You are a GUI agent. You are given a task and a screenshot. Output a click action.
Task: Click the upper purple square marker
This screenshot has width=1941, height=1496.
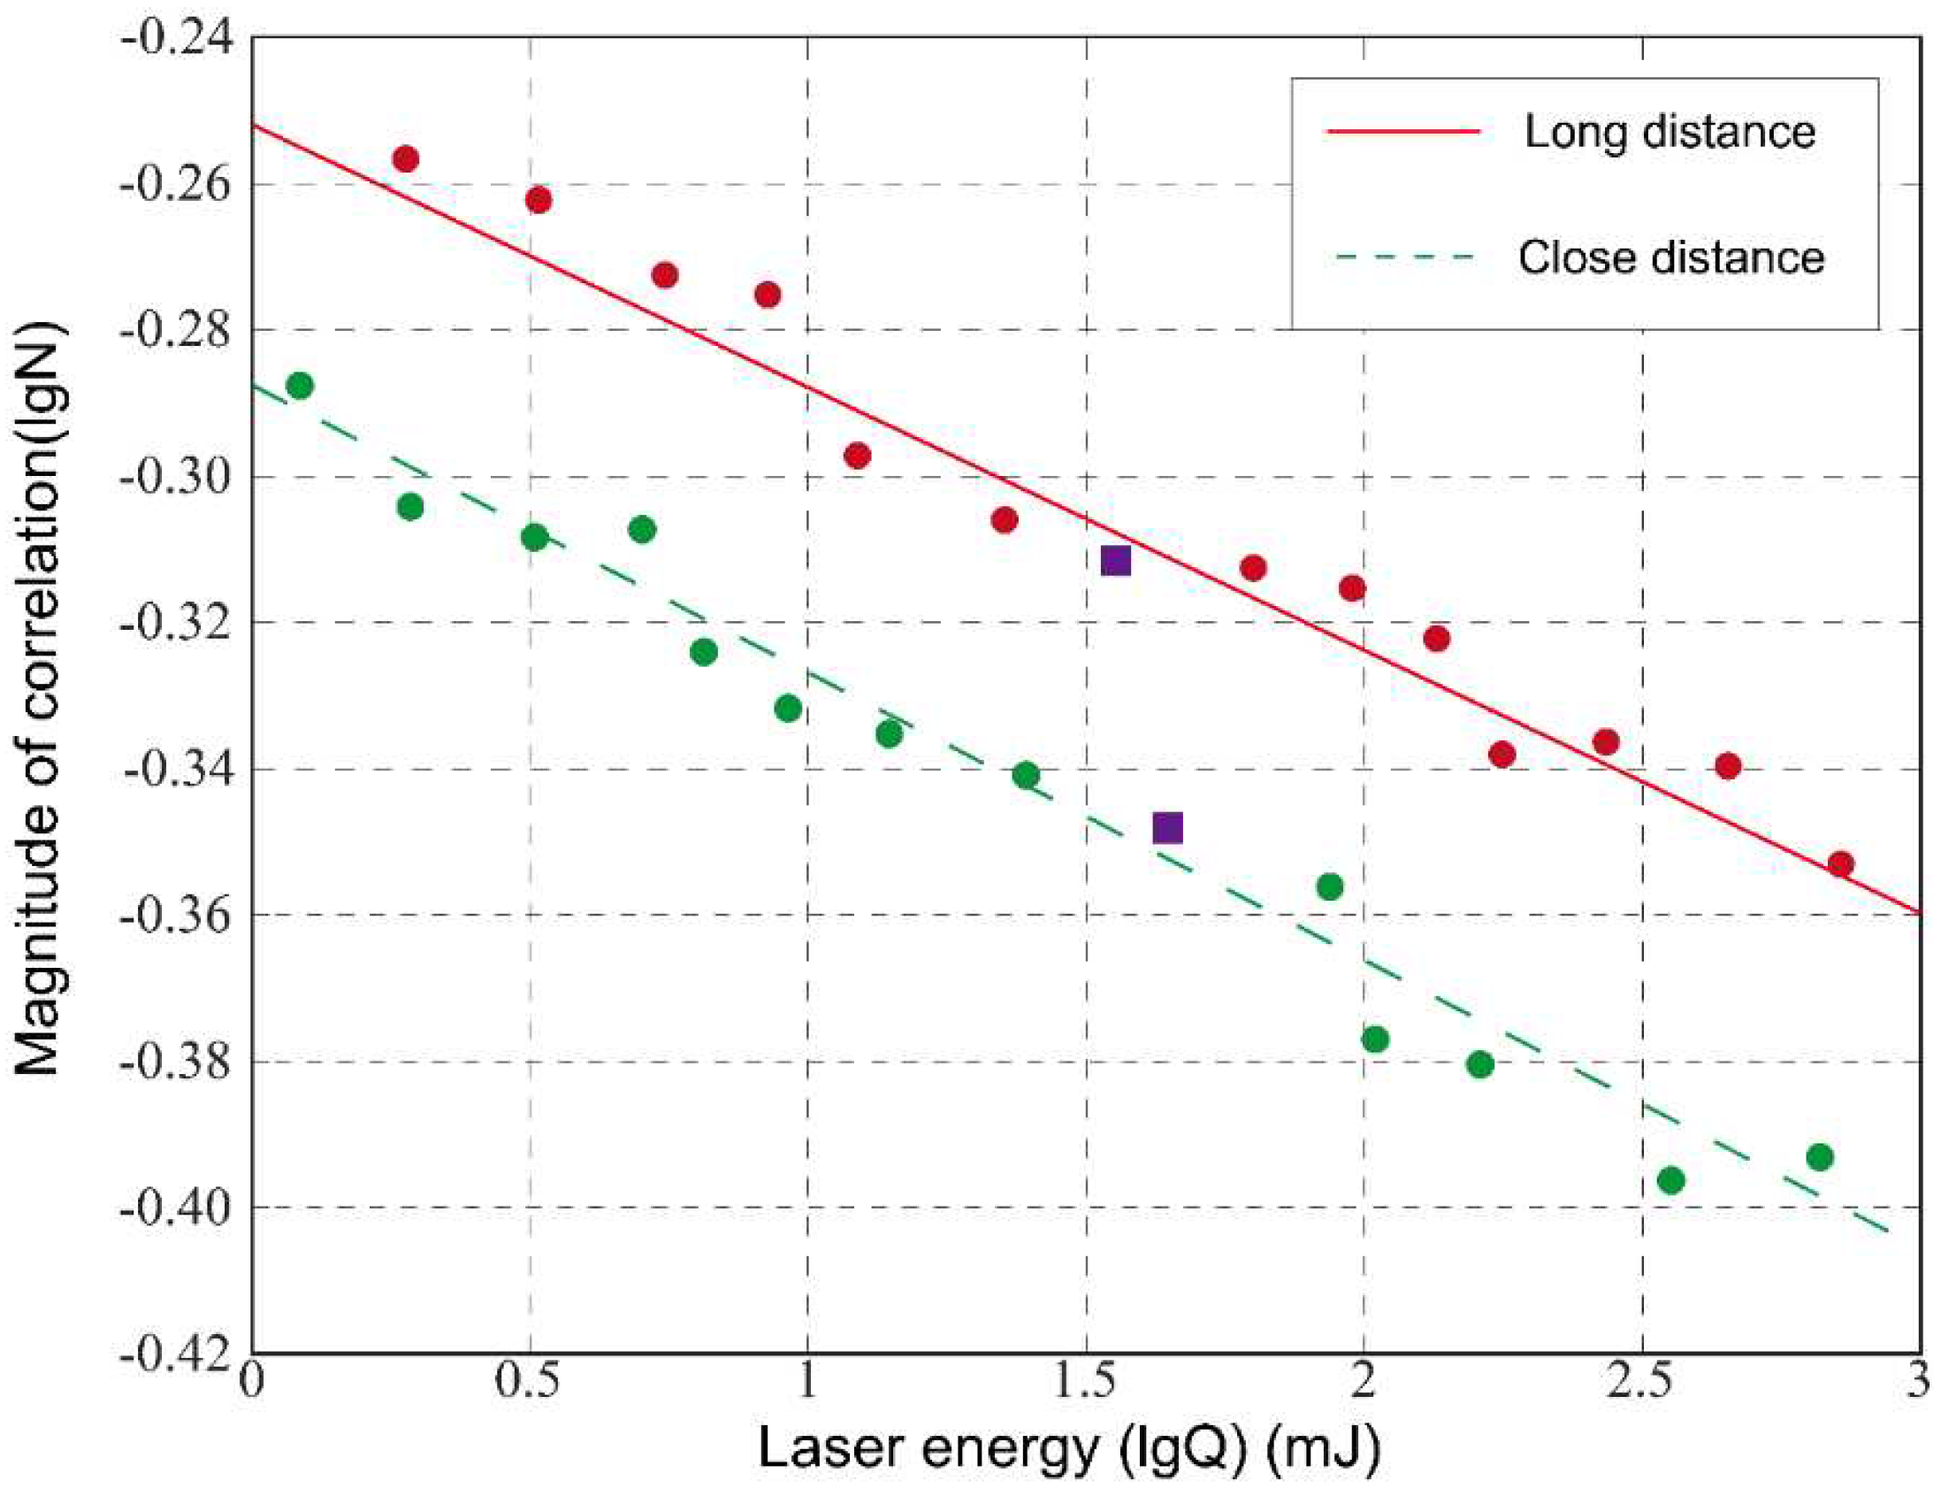pos(1115,561)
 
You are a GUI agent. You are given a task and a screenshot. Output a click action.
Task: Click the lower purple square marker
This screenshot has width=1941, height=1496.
pos(1167,828)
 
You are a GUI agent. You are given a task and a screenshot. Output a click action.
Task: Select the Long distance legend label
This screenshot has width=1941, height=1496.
pos(1669,132)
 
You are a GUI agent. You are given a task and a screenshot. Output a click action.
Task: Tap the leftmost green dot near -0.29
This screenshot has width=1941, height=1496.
pos(301,386)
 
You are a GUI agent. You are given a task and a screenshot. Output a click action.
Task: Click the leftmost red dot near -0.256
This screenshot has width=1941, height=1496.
pos(405,159)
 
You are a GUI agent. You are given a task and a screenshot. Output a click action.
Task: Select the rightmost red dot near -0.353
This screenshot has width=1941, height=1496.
pos(1840,863)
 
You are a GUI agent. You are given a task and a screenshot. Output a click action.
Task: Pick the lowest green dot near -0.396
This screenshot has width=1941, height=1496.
pos(1670,1180)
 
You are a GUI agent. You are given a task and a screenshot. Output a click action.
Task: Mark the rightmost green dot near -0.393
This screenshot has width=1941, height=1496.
pos(1820,1157)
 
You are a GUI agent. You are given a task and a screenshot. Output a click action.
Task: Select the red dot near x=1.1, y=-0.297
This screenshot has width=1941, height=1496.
pos(857,456)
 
